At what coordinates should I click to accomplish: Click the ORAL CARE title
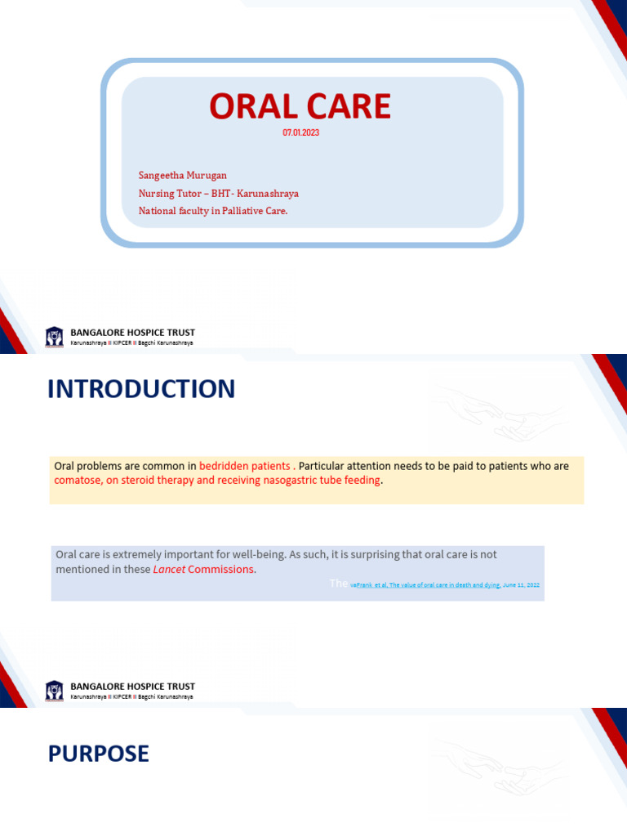(300, 106)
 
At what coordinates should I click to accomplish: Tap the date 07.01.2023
(300, 132)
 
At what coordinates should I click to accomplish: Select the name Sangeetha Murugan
(183, 175)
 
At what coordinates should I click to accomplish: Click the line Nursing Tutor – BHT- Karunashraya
(218, 193)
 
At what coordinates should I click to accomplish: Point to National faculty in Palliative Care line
(213, 211)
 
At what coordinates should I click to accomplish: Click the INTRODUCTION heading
(141, 389)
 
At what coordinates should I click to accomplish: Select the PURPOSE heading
(98, 754)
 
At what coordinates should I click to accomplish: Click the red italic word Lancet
(169, 569)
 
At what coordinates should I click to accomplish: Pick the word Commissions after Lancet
(221, 569)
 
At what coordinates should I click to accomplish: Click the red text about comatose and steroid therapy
(217, 480)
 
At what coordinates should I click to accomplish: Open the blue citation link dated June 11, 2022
(445, 585)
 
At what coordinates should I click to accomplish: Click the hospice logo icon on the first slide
(55, 335)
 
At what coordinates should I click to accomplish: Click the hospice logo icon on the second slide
(55, 689)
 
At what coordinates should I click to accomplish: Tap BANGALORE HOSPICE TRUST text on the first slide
(133, 333)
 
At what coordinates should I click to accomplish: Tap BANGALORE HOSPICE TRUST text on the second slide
(133, 687)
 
